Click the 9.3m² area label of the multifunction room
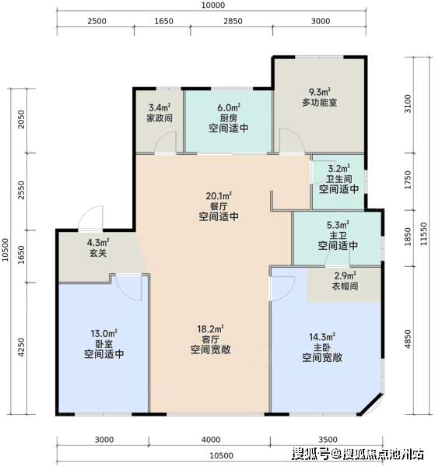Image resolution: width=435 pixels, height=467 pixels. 319,92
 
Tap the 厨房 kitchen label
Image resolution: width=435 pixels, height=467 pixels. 228,118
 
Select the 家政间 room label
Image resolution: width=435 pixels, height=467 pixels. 160,118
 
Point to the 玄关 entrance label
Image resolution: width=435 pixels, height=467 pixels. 98,253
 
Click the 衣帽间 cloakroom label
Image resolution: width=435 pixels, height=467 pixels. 345,286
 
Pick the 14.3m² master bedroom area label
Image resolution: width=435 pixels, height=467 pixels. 322,337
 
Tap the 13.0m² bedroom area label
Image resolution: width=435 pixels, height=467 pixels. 104,333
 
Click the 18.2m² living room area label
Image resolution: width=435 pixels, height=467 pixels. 210,328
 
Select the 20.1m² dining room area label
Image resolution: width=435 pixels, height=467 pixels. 219,196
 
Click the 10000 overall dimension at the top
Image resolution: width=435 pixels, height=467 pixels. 213,5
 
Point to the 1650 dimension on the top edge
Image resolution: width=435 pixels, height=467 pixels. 163,21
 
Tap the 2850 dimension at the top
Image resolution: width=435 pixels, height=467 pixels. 233,21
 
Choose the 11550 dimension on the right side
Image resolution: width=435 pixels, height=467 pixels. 423,234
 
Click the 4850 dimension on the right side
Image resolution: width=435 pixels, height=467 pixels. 408,339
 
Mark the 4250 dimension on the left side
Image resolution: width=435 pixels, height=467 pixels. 21,347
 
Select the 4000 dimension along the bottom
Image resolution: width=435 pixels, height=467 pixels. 211,440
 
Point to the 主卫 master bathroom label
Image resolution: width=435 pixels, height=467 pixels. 338,235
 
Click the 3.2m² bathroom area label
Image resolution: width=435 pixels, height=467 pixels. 339,169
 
